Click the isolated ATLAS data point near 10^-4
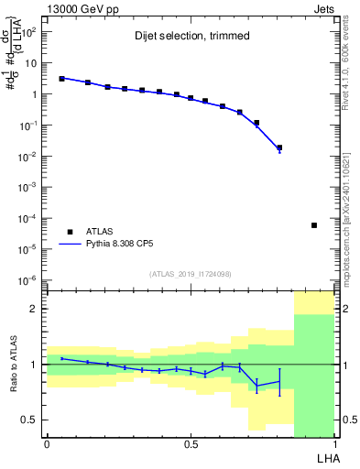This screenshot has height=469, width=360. pyautogui.click(x=314, y=225)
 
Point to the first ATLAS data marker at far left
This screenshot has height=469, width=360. pyautogui.click(x=61, y=79)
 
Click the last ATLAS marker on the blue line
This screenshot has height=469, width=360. pyautogui.click(x=279, y=147)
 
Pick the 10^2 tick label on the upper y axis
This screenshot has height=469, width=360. pyautogui.click(x=29, y=32)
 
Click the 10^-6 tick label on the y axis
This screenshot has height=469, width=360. pyautogui.click(x=29, y=279)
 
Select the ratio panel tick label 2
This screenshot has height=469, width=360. pyautogui.click(x=35, y=309)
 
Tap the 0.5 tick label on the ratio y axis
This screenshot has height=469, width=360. pyautogui.click(x=31, y=420)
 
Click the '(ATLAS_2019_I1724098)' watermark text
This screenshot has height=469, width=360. pyautogui.click(x=191, y=274)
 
